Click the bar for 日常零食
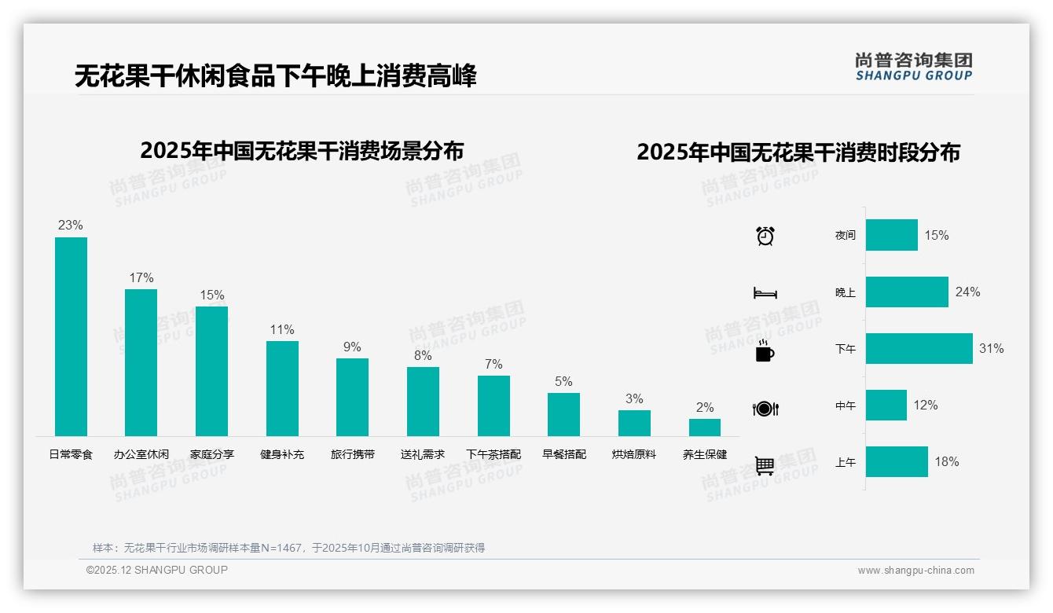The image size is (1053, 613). pos(71,336)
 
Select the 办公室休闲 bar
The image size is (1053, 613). pos(141,362)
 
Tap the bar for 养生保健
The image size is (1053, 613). pos(704,427)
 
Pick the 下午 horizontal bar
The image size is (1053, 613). pos(919,348)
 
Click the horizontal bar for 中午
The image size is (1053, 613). pos(886,405)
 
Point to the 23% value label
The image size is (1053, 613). pos(70,226)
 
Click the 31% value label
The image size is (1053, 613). pos(991,348)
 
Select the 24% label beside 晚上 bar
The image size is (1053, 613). pos(967,292)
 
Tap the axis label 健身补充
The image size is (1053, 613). pos(282,454)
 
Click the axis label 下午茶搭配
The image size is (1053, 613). pos(493,454)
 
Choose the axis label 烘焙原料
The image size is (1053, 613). pos(634,454)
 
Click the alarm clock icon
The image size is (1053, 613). pos(765,236)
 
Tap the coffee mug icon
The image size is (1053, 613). pos(765,351)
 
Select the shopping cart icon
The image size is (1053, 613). pos(765,465)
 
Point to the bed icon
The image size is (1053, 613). pos(765,293)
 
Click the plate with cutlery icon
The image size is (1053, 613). pos(765,408)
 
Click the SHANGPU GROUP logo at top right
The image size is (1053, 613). pos(913,67)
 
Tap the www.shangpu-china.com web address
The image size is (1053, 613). pos(915,571)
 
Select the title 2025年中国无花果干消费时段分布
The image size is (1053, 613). pos(798,152)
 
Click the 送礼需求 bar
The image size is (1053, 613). pos(423,401)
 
